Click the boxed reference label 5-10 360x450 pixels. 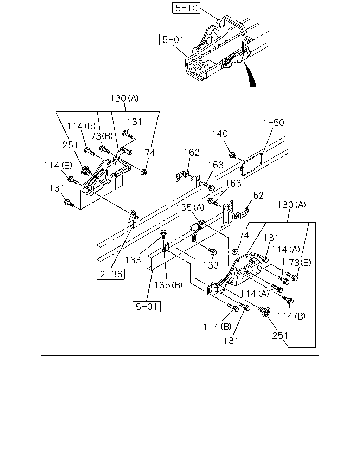point(186,8)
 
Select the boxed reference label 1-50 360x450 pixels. point(273,122)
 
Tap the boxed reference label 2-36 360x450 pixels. point(111,274)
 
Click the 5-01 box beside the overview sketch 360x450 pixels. point(173,40)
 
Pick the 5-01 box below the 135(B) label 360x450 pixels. point(147,307)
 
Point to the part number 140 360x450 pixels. point(220,134)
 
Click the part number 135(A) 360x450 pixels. point(190,207)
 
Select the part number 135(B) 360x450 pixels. point(168,285)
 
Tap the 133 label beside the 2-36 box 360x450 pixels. point(133,260)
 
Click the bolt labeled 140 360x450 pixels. point(233,155)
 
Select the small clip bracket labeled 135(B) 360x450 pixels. point(165,247)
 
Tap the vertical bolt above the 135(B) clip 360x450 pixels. point(163,234)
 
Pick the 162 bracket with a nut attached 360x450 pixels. point(242,214)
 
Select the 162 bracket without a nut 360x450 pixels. point(182,176)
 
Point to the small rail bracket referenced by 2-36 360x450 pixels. point(134,219)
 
